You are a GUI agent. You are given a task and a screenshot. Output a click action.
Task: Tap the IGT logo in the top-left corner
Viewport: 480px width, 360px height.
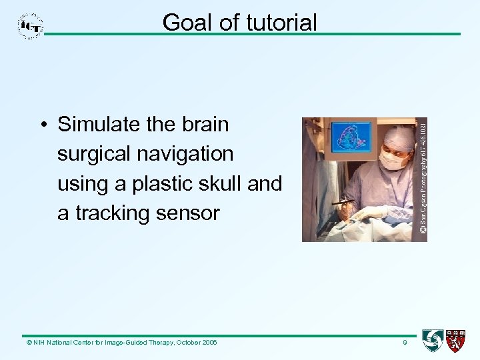(x=31, y=25)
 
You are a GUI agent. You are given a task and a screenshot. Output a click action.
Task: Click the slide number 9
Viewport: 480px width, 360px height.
(x=404, y=343)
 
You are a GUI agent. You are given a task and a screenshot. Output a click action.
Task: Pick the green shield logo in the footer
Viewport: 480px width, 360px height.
(x=433, y=340)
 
